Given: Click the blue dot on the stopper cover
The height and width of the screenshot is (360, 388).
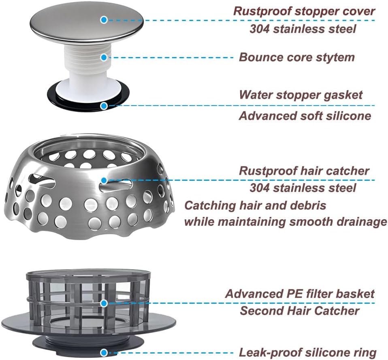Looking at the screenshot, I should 104,19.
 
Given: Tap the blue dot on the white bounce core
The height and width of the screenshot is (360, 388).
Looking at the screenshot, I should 104,57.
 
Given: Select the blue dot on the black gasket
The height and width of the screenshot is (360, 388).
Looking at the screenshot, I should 104,106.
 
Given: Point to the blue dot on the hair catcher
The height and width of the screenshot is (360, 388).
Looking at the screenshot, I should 104,180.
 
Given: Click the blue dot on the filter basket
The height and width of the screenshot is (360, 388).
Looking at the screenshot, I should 104,303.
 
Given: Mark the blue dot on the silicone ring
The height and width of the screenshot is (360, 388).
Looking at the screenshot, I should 104,352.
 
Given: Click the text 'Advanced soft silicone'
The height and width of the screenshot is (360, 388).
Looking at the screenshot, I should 305,116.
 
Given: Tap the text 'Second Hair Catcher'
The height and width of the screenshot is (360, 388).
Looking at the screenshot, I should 299,311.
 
